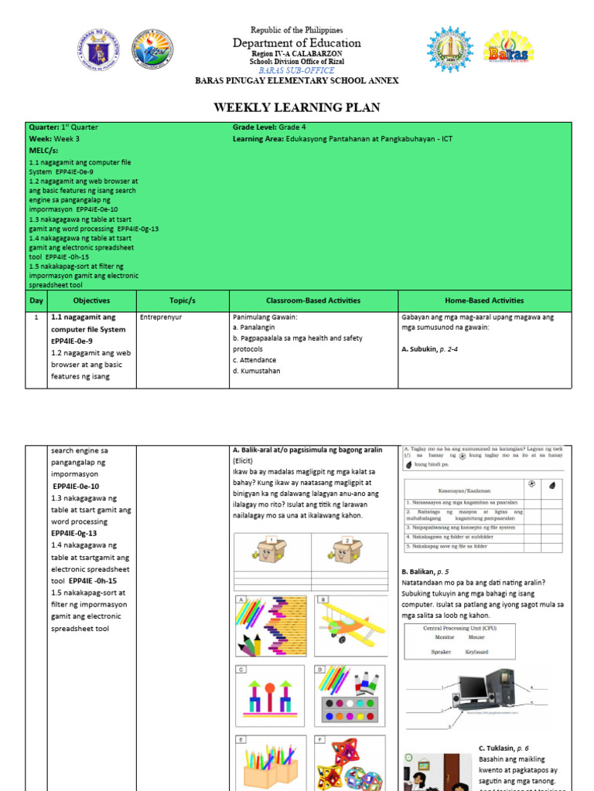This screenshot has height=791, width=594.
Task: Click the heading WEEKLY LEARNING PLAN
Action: tap(297, 107)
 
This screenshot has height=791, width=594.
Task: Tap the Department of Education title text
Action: tap(297, 43)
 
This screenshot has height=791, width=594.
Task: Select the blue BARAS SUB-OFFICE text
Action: tap(297, 70)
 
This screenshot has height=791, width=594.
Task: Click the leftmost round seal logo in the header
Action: tap(101, 49)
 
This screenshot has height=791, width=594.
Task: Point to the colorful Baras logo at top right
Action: tap(508, 48)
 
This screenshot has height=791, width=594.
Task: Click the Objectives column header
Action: tap(91, 300)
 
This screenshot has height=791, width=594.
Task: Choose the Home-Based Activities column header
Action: tap(484, 300)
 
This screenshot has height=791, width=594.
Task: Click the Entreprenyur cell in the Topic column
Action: tap(160, 317)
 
